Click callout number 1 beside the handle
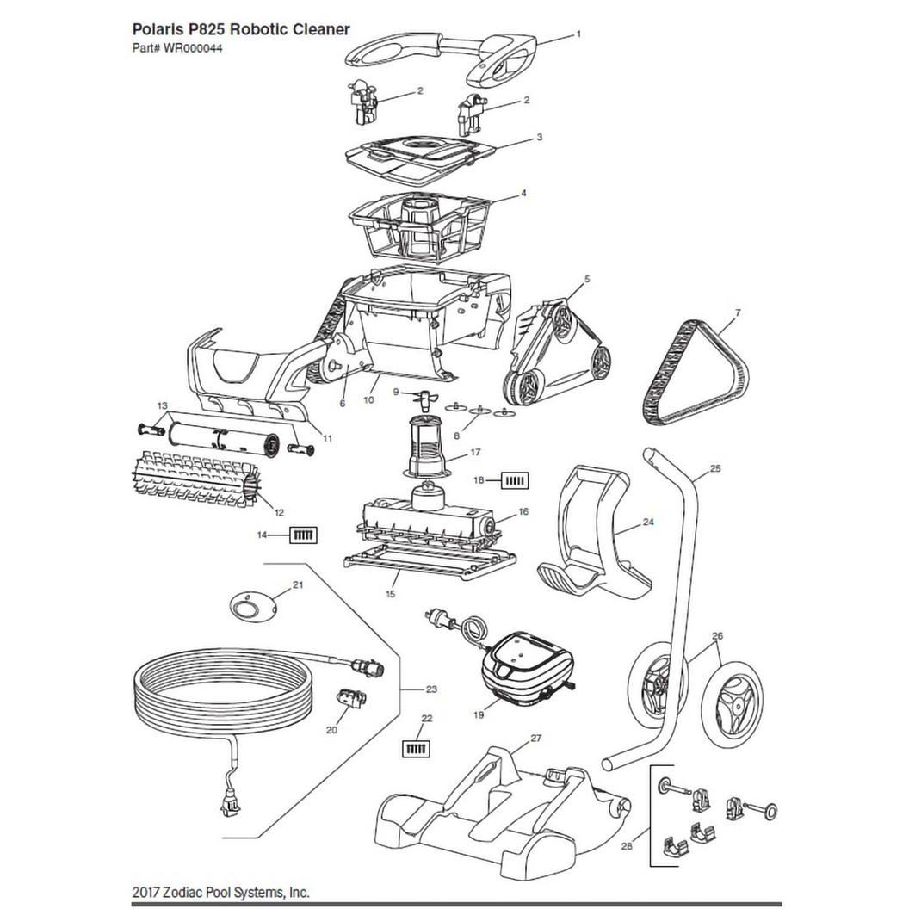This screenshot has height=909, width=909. click(x=578, y=34)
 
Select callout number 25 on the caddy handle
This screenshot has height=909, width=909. click(x=714, y=467)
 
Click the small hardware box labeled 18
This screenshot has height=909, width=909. click(x=515, y=480)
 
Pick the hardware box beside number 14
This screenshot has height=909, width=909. click(x=304, y=535)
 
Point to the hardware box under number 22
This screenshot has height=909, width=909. click(x=417, y=749)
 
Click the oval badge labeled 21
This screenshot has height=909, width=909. click(x=251, y=607)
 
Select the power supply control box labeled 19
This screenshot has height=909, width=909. click(x=527, y=666)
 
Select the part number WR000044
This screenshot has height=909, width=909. click(x=193, y=49)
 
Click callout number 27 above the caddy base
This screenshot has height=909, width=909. click(x=535, y=738)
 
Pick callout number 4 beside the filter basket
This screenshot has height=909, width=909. click(x=523, y=193)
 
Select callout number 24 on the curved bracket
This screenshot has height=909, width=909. click(x=648, y=522)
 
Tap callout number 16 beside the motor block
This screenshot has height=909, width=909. click(x=523, y=512)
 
